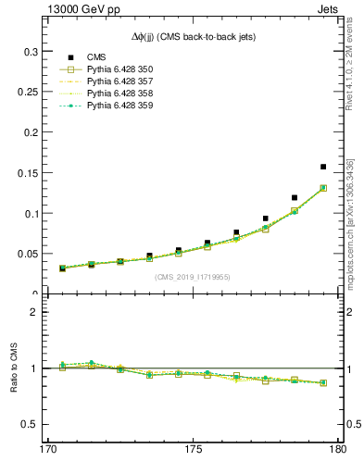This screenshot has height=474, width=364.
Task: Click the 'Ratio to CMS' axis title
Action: [14, 368]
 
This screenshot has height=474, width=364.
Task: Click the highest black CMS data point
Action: [322, 167]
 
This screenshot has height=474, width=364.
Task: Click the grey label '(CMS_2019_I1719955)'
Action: [193, 276]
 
